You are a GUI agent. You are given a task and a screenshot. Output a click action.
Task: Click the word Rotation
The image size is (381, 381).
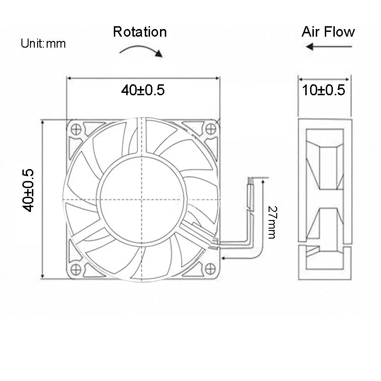point(140,32)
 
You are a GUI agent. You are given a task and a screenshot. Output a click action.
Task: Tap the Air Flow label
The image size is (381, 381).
point(328,32)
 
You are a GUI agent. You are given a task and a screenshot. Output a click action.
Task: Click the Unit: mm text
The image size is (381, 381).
point(43,44)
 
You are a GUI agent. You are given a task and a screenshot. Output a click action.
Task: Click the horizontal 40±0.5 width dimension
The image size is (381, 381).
point(143,90)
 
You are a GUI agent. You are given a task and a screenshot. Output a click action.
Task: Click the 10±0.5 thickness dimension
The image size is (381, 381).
point(324,90)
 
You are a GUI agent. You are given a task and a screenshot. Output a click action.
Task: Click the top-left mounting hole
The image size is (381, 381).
point(75,128)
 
